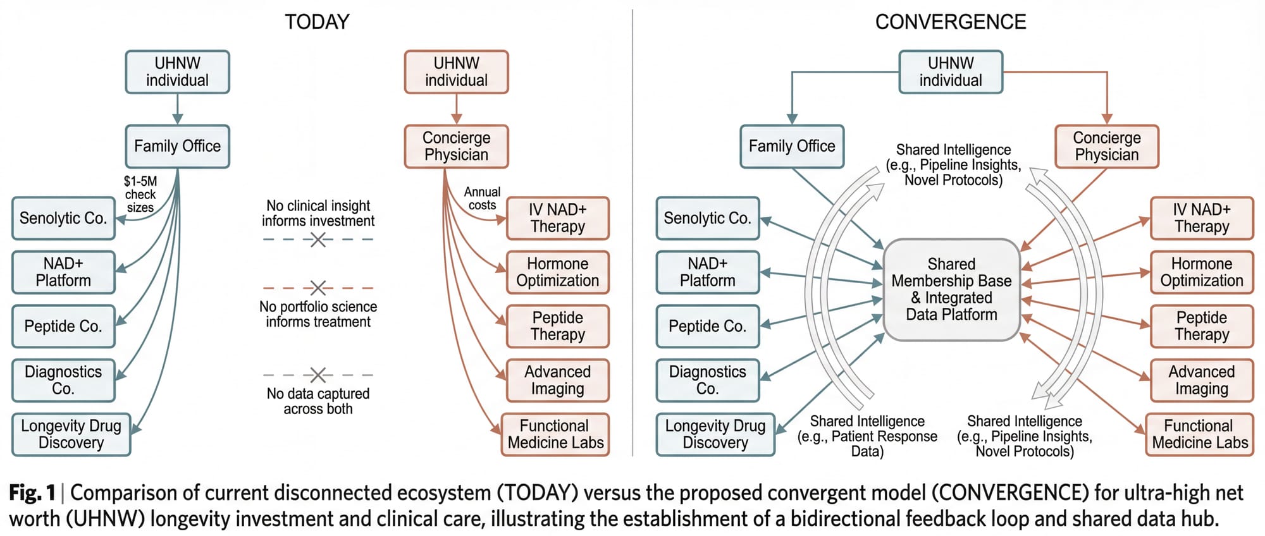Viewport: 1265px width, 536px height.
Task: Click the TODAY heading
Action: [x=317, y=22]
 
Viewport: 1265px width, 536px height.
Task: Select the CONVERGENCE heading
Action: [x=950, y=22]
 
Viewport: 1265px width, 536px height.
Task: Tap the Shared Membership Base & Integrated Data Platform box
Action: [x=951, y=289]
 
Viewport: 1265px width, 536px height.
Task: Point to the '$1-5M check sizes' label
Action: [x=140, y=194]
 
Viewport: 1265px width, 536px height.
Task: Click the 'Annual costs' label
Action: [x=482, y=198]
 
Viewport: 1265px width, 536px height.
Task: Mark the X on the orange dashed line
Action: [x=318, y=288]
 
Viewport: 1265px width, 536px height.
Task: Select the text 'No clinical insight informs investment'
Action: [x=318, y=214]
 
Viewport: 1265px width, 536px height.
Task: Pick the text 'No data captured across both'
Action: [x=318, y=401]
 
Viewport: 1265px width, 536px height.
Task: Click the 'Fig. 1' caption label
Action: [x=32, y=493]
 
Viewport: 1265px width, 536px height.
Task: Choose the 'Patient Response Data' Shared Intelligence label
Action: [x=867, y=436]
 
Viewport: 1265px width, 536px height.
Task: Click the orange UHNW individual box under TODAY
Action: [x=456, y=72]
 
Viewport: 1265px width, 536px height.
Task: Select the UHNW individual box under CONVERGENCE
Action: [x=951, y=72]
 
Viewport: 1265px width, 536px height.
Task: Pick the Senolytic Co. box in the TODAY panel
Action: [x=63, y=218]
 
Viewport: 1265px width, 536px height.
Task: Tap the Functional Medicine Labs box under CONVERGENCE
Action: [x=1199, y=434]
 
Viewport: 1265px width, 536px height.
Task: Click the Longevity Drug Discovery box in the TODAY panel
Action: [x=71, y=434]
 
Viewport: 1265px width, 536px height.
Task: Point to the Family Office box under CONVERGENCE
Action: [x=792, y=147]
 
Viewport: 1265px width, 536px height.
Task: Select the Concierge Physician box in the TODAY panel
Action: [x=456, y=147]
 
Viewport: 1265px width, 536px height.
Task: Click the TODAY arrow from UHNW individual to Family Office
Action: [x=178, y=109]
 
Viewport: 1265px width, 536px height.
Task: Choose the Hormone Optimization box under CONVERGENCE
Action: [x=1202, y=272]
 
